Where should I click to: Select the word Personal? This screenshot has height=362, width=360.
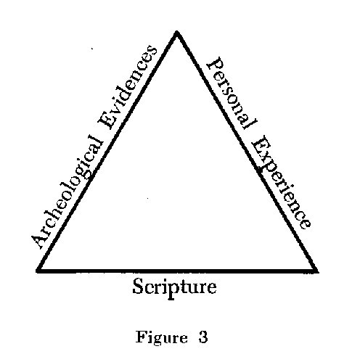coord(232,94)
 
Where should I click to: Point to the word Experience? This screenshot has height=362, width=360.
coord(281,183)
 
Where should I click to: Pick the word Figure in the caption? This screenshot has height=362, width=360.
coord(161,337)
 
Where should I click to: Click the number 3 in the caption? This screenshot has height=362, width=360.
coord(203,337)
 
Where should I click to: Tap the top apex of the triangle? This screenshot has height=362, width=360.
coord(177,32)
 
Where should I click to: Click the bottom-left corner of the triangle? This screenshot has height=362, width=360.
coord(38,271)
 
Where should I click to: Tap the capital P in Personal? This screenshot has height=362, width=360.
coord(214,65)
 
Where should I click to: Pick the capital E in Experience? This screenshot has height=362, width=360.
coord(260,144)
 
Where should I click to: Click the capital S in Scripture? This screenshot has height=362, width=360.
coord(139,286)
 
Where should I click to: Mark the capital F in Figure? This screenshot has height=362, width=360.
coord(141,337)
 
